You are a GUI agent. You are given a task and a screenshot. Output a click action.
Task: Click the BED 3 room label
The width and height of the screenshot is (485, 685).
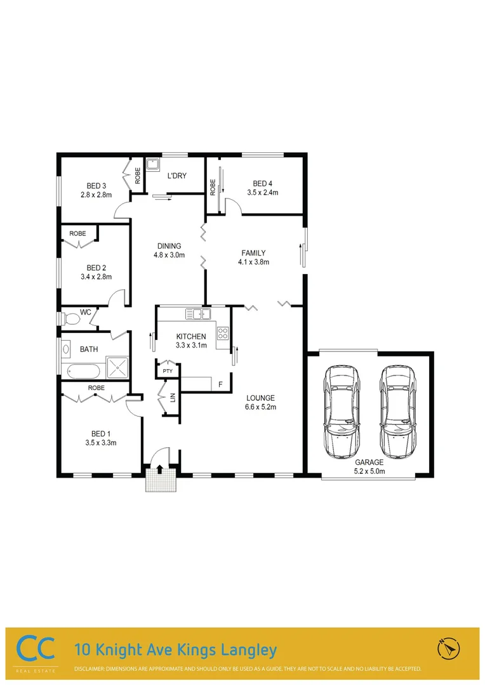tap(96, 186)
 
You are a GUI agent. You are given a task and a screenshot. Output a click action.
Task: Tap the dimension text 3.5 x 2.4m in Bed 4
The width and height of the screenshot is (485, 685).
tap(266, 192)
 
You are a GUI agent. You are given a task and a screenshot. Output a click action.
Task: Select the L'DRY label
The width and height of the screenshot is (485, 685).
tap(176, 176)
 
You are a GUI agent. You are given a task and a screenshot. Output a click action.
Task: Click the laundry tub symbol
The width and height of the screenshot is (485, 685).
tap(152, 166)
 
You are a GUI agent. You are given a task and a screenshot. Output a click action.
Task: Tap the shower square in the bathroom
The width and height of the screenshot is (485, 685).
tap(117, 365)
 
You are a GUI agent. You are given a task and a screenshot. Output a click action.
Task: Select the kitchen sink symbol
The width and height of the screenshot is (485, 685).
tap(198, 314)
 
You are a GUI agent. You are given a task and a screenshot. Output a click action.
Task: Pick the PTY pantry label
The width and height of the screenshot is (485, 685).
tap(168, 371)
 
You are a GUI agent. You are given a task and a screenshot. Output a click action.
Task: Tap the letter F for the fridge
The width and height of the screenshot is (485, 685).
tap(220, 384)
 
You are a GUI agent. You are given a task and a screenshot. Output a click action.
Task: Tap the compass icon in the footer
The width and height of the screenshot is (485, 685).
tap(448, 648)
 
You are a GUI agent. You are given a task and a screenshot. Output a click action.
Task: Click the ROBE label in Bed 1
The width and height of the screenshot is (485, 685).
tap(96, 387)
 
